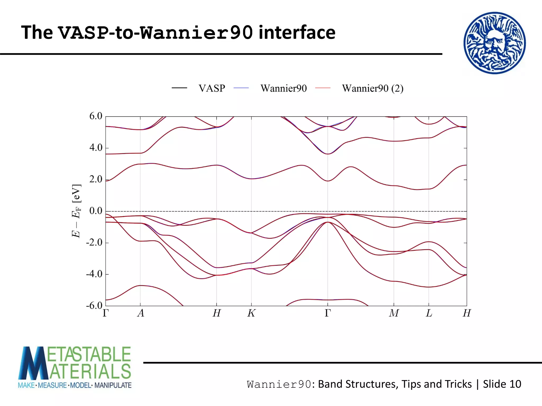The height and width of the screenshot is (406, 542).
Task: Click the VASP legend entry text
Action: coord(212,88)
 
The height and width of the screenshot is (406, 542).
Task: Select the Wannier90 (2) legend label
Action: coord(373,88)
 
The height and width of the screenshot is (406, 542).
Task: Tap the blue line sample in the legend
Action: coord(241,88)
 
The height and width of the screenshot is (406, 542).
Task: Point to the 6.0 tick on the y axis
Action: coord(96,116)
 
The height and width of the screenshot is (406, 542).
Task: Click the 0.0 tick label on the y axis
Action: coord(96,211)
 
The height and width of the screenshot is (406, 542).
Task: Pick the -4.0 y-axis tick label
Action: coord(94,274)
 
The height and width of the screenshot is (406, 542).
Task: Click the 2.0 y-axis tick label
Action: coord(96,179)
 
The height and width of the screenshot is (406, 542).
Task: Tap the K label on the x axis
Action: coord(251,313)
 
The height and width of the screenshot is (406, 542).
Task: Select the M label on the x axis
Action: coord(394,313)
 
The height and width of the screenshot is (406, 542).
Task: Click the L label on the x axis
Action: coord(429,313)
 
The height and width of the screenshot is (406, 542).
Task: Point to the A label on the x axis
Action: coord(141,313)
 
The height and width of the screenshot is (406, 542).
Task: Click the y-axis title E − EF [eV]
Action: coord(76,211)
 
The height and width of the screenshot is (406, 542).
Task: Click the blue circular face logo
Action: coord(494,43)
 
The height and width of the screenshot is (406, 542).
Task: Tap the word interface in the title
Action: coord(297,33)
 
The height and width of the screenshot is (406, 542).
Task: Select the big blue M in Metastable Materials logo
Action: coord(33,363)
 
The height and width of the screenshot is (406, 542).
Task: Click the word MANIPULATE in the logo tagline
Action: coord(113,385)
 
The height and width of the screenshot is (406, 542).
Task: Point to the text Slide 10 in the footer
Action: coord(502,384)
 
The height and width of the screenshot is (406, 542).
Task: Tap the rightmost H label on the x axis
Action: coord(467,313)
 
